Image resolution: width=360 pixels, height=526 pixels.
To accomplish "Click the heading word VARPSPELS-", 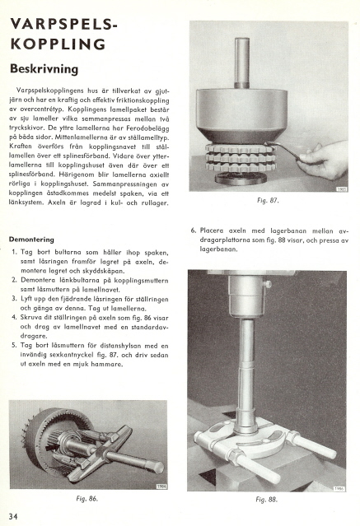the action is pyautogui.click(x=64, y=24).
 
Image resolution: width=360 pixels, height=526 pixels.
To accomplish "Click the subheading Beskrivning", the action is pyautogui.click(x=44, y=69).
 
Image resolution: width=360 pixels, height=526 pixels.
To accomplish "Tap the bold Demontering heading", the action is pyautogui.click(x=31, y=240).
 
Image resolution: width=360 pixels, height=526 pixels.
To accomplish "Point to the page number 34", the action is pyautogui.click(x=13, y=516).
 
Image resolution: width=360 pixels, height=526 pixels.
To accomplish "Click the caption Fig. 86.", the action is pyautogui.click(x=87, y=499).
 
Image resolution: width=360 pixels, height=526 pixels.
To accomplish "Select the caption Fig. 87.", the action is pyautogui.click(x=268, y=201).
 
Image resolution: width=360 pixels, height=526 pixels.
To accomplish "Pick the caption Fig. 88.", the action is pyautogui.click(x=267, y=500).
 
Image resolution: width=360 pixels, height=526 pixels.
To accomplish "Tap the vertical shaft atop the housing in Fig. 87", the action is pyautogui.click(x=242, y=63).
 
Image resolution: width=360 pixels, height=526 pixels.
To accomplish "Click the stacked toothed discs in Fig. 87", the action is pyautogui.click(x=240, y=158).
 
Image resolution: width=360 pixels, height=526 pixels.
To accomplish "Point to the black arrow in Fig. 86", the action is pyautogui.click(x=50, y=446).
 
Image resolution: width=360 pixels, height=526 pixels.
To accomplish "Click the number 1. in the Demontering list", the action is pyautogui.click(x=15, y=252).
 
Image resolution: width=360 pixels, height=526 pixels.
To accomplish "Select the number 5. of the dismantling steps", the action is pyautogui.click(x=14, y=345).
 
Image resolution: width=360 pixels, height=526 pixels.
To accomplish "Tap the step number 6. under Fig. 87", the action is pyautogui.click(x=194, y=230).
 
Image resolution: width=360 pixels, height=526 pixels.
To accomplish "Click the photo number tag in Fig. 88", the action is pyautogui.click(x=339, y=489).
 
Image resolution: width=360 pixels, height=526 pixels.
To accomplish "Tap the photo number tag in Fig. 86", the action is pyautogui.click(x=161, y=486).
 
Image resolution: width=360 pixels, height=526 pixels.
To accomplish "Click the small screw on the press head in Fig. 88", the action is pyautogui.click(x=268, y=285).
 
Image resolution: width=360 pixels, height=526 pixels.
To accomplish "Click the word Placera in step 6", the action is pyautogui.click(x=212, y=230).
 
